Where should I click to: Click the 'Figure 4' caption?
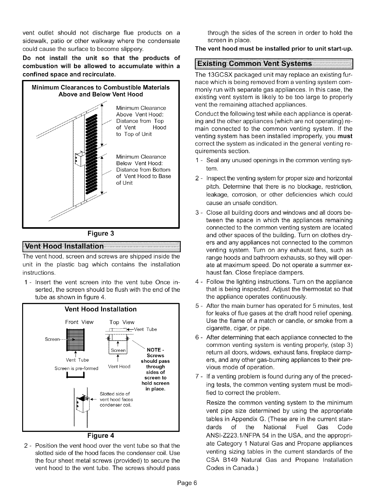(100, 436)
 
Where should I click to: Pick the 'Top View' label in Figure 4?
(122, 322)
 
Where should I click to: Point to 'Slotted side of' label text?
(114, 393)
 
